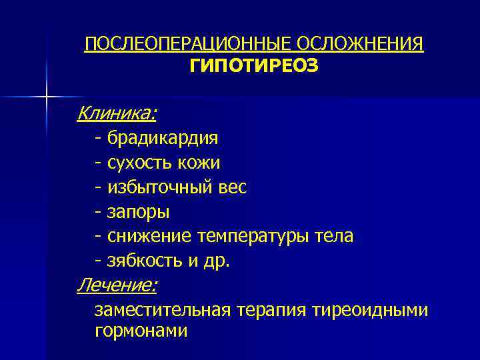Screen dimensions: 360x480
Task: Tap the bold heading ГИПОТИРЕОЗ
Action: [254, 66]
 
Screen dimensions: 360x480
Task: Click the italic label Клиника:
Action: [117, 114]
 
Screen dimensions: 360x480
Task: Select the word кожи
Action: [198, 163]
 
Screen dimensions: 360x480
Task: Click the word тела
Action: [335, 237]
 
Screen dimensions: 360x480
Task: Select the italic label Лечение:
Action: [117, 286]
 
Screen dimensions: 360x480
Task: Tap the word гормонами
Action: [141, 331]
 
